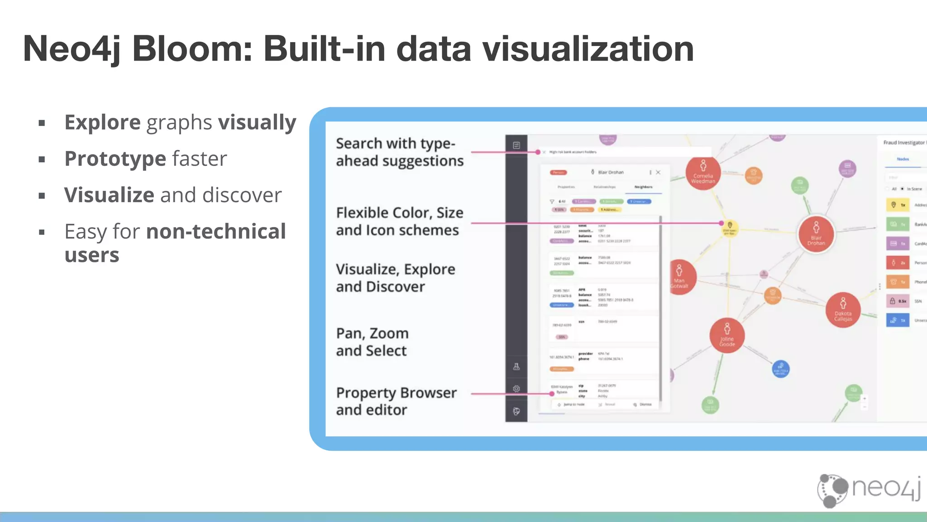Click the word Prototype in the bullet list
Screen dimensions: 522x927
coord(115,159)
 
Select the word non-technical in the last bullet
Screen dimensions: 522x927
coord(216,232)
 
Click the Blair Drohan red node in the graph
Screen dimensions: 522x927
coord(816,234)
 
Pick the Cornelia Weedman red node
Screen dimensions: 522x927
coord(703,173)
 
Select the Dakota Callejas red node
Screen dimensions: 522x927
coord(843,310)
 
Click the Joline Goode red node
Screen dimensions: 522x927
coord(727,335)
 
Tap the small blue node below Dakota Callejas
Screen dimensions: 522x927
coord(780,369)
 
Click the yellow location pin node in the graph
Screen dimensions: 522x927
coord(730,227)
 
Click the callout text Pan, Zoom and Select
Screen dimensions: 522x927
coord(372,342)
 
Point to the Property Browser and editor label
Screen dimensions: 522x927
coord(396,401)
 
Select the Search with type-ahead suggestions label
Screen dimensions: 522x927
coord(400,152)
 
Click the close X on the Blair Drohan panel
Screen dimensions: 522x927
coord(658,172)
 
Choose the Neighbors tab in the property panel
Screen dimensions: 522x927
coord(643,187)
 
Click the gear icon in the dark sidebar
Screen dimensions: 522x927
coord(516,389)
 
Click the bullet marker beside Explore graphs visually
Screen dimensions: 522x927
coord(42,123)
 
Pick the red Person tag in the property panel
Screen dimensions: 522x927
coord(559,172)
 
